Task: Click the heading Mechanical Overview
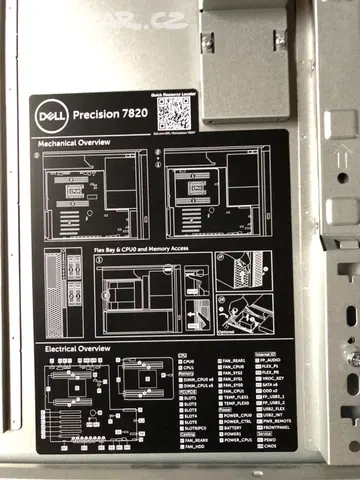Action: (76, 144)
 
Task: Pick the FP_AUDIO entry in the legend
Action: (272, 360)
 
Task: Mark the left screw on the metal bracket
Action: (207, 42)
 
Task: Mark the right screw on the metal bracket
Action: (281, 40)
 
